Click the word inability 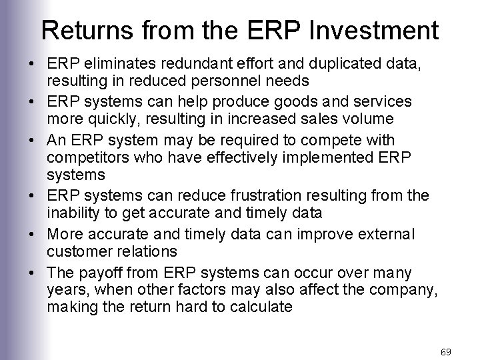69,213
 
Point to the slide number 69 447,350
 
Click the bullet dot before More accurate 32,235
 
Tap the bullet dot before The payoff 32,273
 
